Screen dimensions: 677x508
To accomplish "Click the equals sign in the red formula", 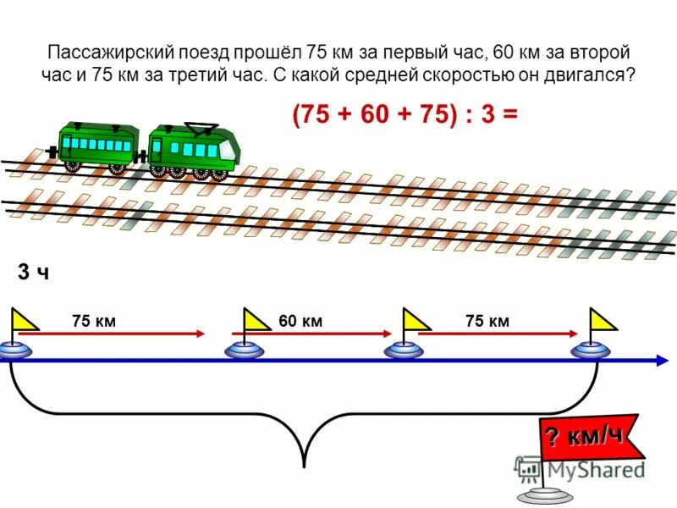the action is click(509, 116).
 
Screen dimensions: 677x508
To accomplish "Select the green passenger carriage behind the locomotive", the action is click(97, 146).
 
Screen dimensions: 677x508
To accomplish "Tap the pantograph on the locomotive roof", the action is click(201, 129).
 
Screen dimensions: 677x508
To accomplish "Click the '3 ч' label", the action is click(33, 273).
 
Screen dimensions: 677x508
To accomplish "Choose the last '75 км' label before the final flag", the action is click(487, 321).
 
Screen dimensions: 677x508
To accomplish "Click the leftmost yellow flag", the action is click(25, 320).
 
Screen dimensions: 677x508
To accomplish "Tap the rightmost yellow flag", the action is click(603, 320).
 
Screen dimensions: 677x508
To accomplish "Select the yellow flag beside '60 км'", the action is click(256, 320).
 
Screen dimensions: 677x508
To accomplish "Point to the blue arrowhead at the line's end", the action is click(661, 361).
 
